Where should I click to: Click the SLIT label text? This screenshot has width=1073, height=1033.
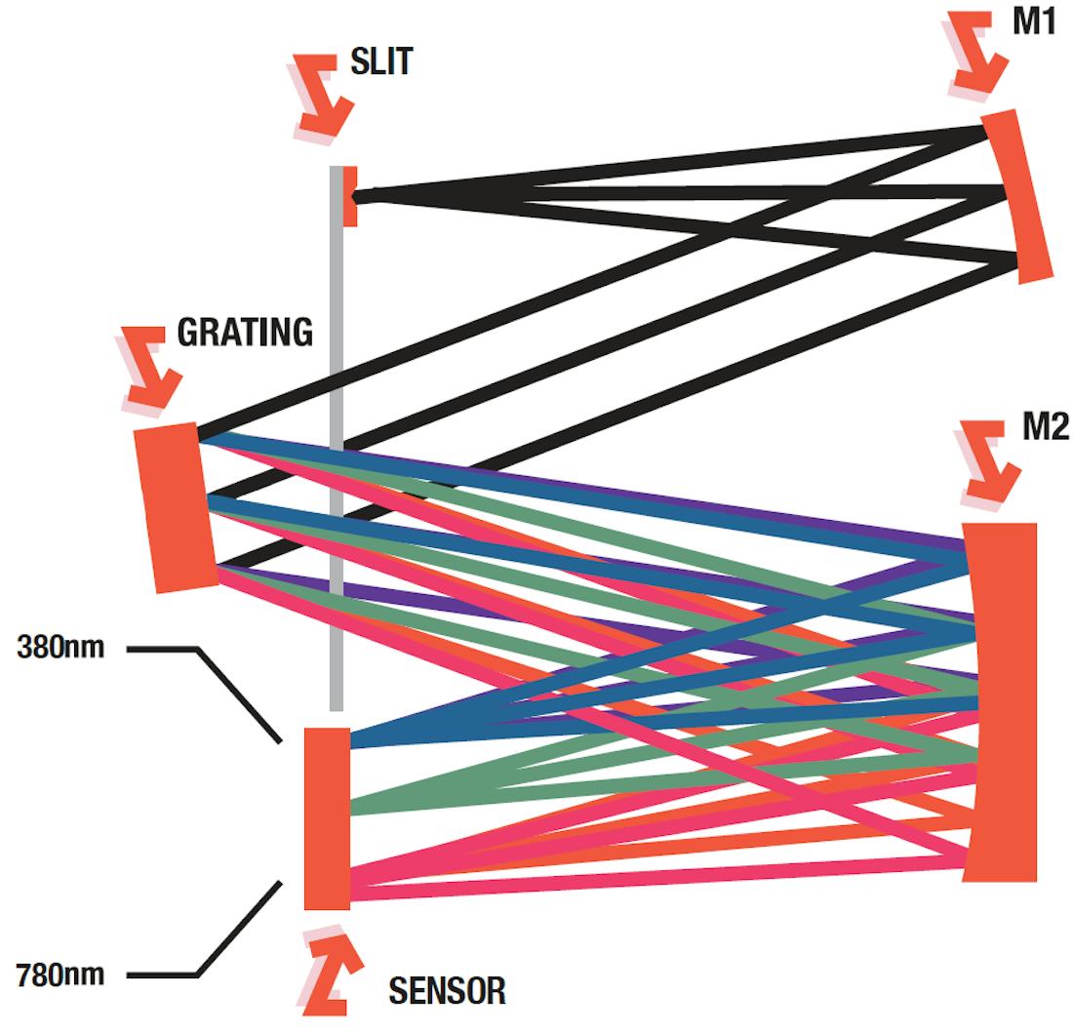click(381, 64)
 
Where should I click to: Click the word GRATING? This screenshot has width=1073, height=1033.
click(245, 334)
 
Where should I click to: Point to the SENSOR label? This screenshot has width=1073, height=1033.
click(448, 991)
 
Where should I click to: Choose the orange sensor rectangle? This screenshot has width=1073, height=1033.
click(327, 817)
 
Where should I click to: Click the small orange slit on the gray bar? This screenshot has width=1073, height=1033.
click(349, 196)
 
